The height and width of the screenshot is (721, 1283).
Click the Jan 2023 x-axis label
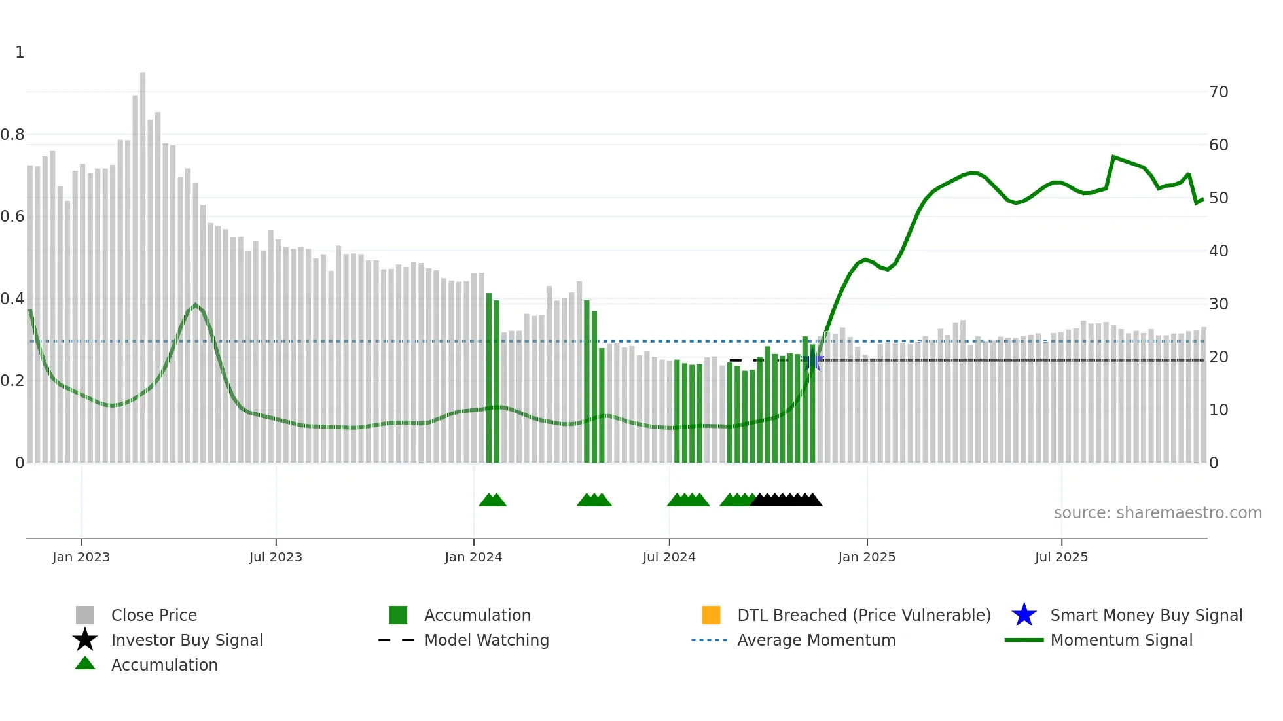coord(81,557)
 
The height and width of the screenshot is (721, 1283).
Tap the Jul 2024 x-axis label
coord(669,557)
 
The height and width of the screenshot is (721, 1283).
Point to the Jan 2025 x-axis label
coord(867,557)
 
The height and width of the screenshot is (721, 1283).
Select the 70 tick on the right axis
coord(1218,92)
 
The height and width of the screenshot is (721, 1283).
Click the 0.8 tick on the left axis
coord(12,135)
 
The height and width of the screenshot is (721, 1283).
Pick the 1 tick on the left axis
coord(20,52)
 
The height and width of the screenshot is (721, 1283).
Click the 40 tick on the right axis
coord(1218,251)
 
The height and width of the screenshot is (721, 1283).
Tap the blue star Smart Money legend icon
coord(1024,615)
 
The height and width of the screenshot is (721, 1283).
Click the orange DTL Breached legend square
coord(711,615)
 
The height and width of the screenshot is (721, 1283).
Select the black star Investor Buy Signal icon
coord(85,640)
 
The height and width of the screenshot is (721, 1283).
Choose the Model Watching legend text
coord(486,640)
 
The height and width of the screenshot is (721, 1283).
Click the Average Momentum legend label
coord(816,640)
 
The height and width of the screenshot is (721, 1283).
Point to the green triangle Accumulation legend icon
coord(85,663)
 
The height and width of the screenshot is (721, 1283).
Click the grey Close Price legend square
coord(85,615)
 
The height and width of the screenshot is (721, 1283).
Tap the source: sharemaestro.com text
coord(1157,513)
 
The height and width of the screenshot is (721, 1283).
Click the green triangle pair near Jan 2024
coord(492,500)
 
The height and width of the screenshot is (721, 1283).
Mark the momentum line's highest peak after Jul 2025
coord(1113,157)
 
